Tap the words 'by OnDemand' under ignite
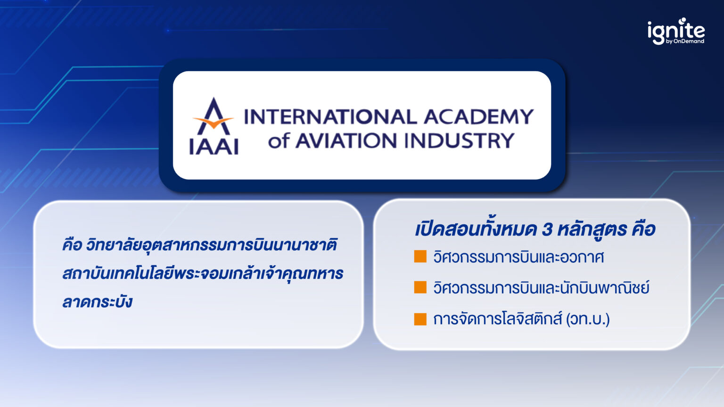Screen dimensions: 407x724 685,41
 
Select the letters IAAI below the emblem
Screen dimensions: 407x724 214,146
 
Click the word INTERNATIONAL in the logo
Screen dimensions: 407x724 330,117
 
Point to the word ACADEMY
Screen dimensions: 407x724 478,117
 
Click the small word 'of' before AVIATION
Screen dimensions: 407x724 278,141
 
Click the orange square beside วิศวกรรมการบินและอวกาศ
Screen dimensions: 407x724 420,257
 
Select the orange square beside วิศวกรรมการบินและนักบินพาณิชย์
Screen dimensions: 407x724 420,287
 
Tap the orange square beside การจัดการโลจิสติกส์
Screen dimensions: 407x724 420,319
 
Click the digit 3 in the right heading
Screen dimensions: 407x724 547,230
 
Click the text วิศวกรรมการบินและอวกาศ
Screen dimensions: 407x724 518,257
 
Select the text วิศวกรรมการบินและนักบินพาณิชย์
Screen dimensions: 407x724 541,287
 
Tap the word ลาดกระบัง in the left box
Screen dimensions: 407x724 97,301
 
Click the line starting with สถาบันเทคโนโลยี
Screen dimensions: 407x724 203,273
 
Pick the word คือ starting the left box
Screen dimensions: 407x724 72,245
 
